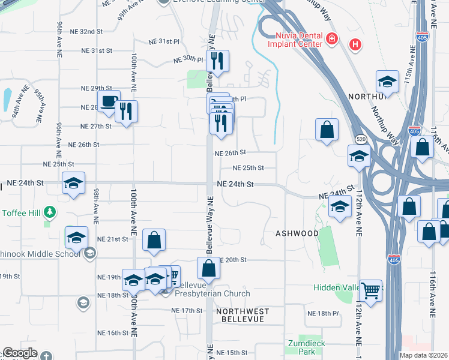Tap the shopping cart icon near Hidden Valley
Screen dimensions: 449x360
[x=371, y=291]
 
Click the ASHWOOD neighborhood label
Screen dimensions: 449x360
[x=297, y=233]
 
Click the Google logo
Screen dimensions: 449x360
[x=20, y=353]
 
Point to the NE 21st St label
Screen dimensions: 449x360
[x=113, y=239]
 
